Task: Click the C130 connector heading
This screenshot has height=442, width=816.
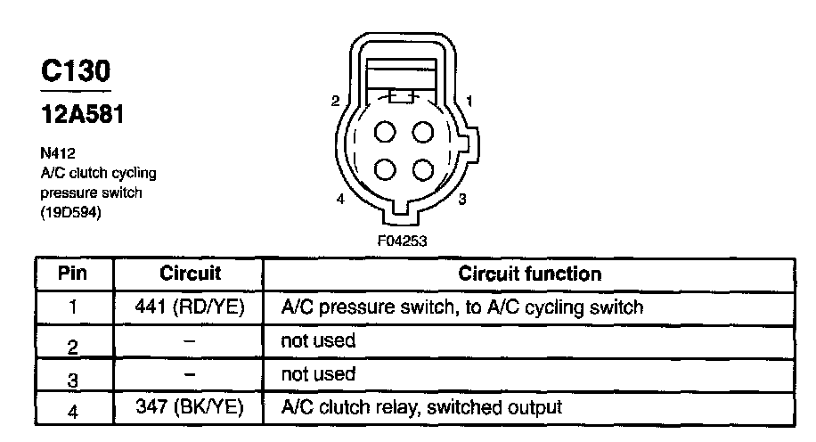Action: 76,72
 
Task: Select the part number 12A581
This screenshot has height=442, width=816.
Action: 81,116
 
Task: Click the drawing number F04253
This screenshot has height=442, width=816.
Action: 404,240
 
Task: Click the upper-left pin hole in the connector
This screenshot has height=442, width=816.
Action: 385,133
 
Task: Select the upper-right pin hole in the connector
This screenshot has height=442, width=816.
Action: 423,133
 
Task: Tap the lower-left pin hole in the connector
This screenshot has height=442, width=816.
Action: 385,168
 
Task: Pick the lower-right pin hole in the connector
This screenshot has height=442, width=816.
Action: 423,168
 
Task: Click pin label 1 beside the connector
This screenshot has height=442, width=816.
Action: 469,101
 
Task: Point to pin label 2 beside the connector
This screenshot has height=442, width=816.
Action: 335,101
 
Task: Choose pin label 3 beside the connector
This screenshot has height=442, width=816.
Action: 461,200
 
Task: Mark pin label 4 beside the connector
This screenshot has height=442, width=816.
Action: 340,200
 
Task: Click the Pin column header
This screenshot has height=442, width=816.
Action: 73,273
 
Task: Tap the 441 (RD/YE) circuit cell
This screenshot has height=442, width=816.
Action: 189,307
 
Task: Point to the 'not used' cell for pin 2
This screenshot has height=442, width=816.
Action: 318,340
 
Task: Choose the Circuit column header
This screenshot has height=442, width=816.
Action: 189,273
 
